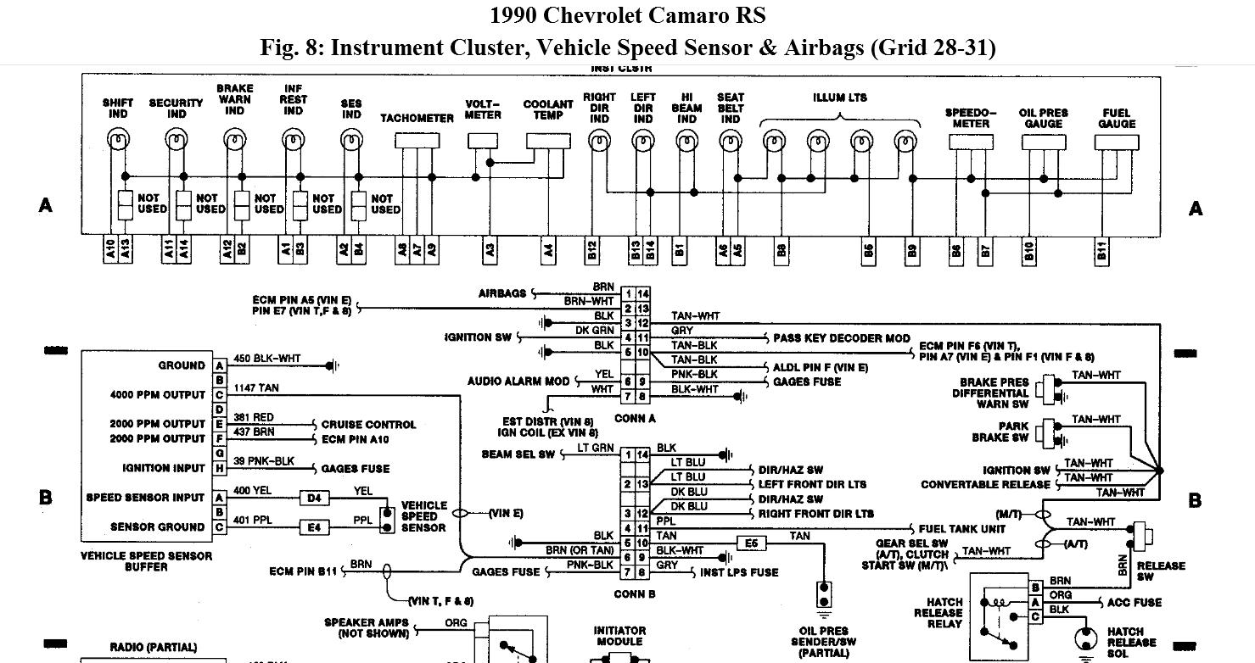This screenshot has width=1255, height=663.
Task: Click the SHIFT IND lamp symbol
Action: [117, 137]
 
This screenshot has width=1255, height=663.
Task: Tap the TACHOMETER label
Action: [417, 118]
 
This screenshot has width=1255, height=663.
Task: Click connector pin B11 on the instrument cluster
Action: [1102, 250]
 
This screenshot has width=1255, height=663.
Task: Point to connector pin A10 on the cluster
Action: [110, 250]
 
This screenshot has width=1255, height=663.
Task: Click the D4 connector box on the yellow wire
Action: [314, 498]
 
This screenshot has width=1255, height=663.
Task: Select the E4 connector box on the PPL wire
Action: [314, 526]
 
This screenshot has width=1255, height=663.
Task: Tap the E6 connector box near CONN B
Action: [751, 543]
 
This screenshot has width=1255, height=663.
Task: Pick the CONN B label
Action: [634, 594]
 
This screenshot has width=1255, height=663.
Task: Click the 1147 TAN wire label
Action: [250, 387]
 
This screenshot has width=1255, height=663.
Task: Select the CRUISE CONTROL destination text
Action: [367, 424]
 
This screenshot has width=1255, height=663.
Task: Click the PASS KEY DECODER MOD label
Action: [841, 338]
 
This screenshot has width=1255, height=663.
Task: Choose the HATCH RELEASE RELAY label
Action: [938, 612]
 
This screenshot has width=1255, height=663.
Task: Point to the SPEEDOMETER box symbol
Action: [970, 142]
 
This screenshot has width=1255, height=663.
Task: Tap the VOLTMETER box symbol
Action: [484, 138]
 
